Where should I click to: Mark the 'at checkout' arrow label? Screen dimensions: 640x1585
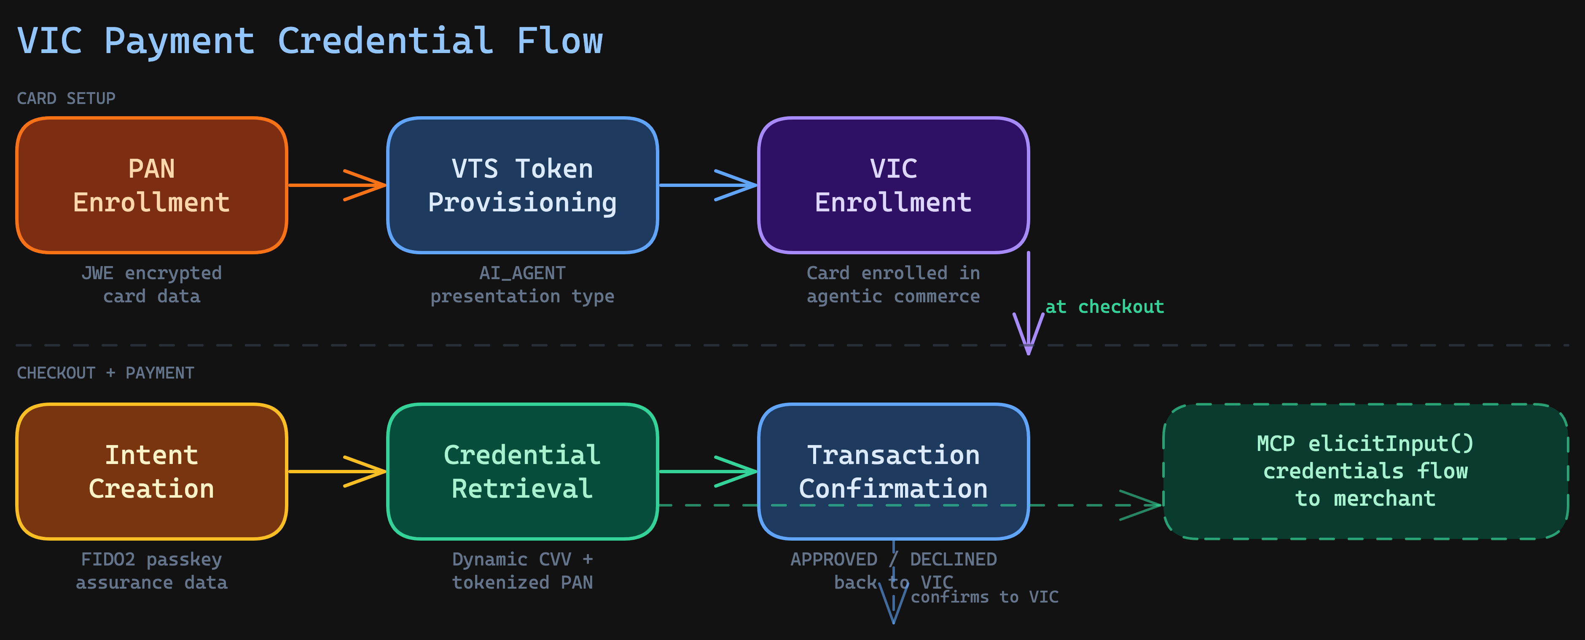point(1104,307)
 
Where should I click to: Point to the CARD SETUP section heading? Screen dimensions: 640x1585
point(66,99)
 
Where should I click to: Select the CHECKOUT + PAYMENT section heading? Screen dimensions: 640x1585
point(105,373)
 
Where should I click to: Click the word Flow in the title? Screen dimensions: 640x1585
point(559,41)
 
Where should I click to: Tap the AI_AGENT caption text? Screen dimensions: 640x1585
point(522,273)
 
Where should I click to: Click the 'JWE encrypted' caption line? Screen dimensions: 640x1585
point(151,273)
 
